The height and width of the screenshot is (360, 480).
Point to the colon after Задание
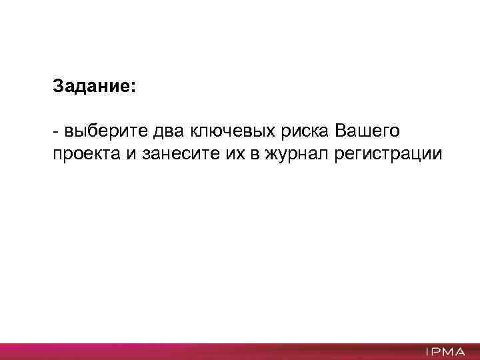click(x=132, y=89)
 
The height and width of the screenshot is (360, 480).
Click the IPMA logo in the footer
click(x=443, y=351)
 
